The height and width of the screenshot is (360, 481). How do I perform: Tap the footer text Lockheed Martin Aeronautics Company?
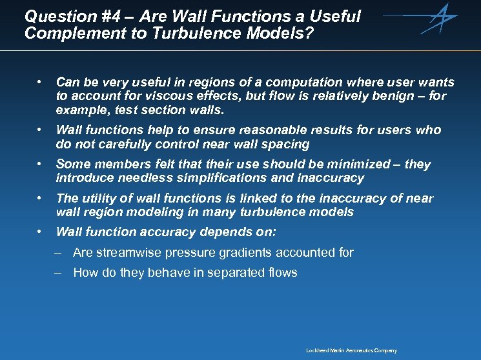[x=351, y=350]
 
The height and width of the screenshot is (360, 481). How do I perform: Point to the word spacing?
[x=284, y=144]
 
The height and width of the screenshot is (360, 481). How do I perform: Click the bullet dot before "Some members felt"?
[x=40, y=164]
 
